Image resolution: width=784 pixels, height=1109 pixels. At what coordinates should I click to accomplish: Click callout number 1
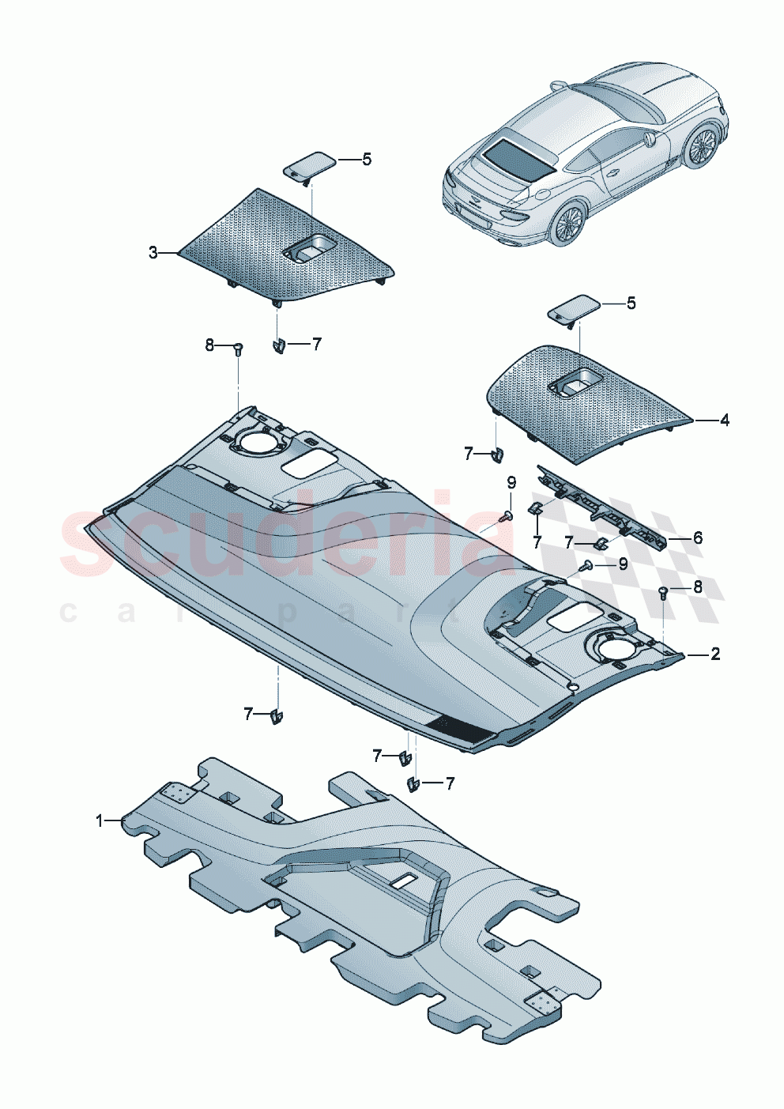coord(100,820)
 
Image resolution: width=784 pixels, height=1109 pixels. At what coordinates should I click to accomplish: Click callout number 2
coord(715,654)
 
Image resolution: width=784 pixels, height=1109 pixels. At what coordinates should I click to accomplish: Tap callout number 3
coord(153,253)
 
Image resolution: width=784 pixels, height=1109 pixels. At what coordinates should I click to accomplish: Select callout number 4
coord(725,421)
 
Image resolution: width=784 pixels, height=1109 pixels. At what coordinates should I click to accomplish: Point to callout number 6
coord(698,538)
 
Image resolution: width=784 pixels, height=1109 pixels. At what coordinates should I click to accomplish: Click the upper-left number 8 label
coord(209,345)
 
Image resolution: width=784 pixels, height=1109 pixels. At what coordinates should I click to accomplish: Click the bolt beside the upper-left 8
coord(238,348)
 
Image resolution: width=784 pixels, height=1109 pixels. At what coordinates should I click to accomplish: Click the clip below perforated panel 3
coord(278,345)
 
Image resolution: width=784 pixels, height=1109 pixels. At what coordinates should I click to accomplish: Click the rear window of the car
coord(517,158)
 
